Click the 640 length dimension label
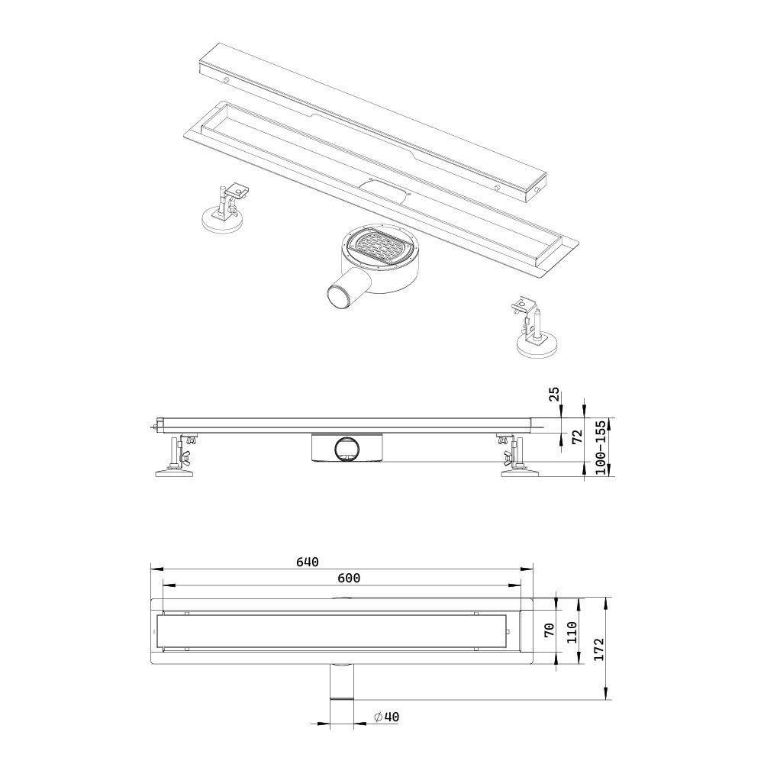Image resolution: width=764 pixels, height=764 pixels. click(306, 563)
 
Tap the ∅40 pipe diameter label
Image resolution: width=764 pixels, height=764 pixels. click(387, 717)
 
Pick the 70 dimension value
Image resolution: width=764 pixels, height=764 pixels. click(548, 630)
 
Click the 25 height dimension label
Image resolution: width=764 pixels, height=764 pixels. click(555, 395)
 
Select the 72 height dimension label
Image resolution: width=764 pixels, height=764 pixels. click(578, 437)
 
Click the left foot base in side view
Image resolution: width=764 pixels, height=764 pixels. click(175, 472)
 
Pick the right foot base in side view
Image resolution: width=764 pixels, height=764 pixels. click(520, 472)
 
